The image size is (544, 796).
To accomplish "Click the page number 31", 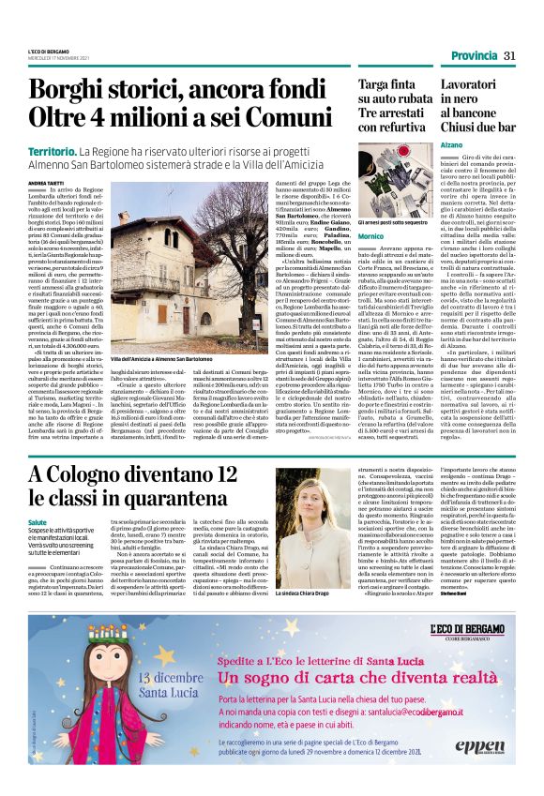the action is pos(509,55).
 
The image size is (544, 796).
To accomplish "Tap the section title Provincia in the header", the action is pos(472,55).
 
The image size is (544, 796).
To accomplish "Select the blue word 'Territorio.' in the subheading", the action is pos(53,151).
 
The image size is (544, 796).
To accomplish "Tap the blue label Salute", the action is pos(37,520).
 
